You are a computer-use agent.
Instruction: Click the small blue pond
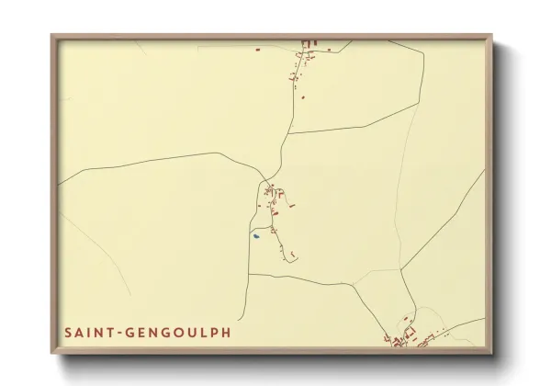tap(257, 236)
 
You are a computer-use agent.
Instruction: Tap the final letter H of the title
tap(226, 332)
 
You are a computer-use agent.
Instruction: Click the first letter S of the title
tap(68, 332)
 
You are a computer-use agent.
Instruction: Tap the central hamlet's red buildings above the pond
tap(273, 193)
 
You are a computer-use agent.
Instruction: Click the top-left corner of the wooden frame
tap(52, 36)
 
